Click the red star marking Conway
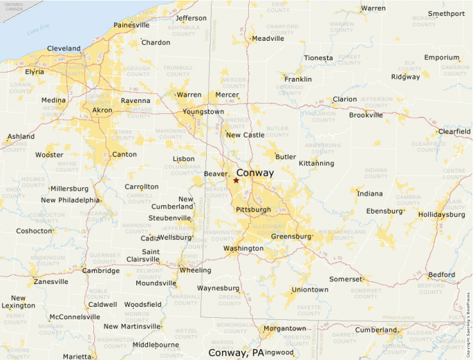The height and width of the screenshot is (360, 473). [x=236, y=180]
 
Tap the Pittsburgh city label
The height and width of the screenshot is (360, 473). [x=253, y=209]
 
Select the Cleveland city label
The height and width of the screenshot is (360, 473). [x=64, y=48]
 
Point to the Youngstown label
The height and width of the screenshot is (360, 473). [x=203, y=112]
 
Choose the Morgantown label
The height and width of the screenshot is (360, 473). [x=284, y=328]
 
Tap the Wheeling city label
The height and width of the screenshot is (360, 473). [x=196, y=270]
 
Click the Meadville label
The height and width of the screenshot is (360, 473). [x=268, y=39]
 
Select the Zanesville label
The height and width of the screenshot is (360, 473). [x=51, y=282]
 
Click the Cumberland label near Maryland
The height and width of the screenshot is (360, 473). [x=376, y=330]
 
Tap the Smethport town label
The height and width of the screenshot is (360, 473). [x=446, y=14]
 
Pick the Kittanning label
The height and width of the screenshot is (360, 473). [x=316, y=164]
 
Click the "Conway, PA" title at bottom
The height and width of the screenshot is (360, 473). [x=236, y=353]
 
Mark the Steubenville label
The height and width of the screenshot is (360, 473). [x=169, y=218]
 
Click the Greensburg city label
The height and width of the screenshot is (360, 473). [x=291, y=236]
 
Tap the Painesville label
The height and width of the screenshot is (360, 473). [x=131, y=25]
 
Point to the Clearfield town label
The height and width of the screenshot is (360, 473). [x=454, y=131]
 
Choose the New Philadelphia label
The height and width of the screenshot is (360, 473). [x=70, y=200]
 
